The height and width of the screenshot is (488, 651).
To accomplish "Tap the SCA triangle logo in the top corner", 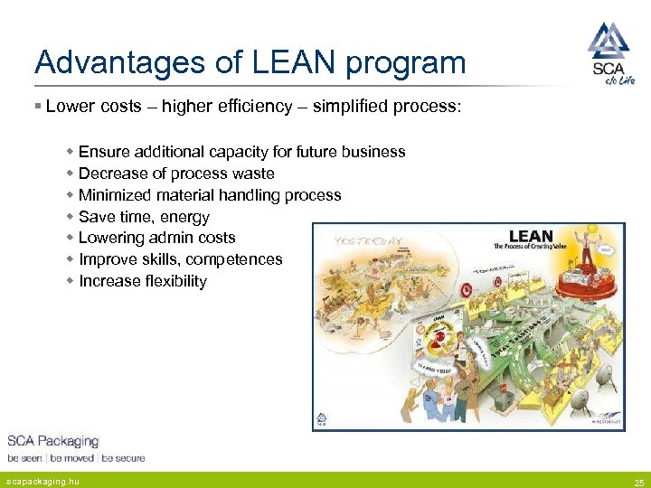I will pyautogui.click(x=608, y=41).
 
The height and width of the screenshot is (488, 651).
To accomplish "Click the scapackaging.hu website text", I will pyautogui.click(x=42, y=482).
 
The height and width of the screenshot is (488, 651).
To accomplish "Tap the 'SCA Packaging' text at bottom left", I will pyautogui.click(x=52, y=441).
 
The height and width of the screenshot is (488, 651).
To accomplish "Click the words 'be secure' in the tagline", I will pyautogui.click(x=123, y=458).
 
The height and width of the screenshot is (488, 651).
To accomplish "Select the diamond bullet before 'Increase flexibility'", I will pyautogui.click(x=71, y=281).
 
